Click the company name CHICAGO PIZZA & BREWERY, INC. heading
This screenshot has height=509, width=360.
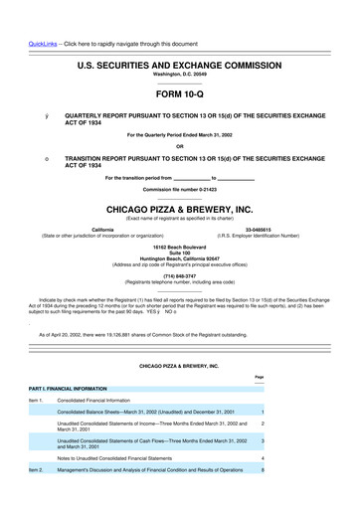179,210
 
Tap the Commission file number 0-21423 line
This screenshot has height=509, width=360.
179,188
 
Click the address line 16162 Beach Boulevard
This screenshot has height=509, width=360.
179,244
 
